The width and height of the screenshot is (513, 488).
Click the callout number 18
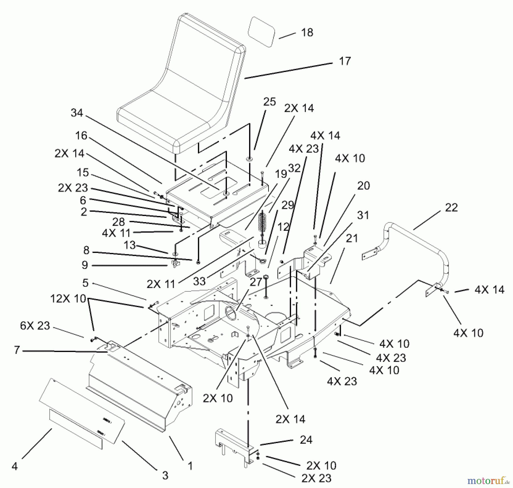307,32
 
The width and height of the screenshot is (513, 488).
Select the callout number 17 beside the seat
345,61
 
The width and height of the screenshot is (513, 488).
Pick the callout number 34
77,113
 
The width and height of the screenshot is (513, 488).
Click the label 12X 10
68,299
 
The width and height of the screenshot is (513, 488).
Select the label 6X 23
35,326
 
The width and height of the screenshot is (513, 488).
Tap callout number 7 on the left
17,350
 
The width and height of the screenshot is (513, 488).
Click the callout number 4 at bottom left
15,466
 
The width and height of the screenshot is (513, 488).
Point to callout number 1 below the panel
190,466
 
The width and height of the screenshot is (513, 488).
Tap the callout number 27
256,282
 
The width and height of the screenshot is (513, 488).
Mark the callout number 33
199,281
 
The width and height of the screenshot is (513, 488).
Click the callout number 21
352,238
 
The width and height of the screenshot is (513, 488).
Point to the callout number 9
85,265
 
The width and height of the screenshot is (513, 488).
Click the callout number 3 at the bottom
165,475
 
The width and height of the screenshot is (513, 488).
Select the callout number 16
81,136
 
